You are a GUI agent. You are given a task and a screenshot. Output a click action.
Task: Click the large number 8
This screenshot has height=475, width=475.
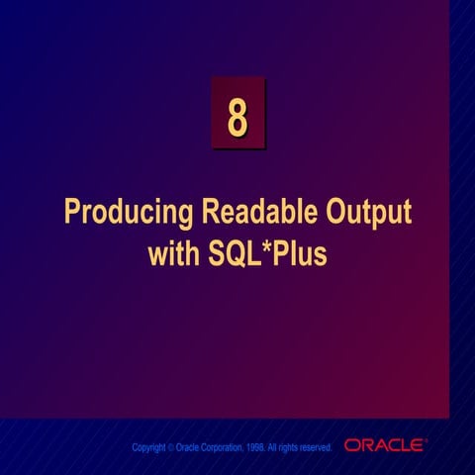[x=237, y=117]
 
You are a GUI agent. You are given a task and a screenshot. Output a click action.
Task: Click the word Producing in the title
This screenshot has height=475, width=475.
[x=128, y=214]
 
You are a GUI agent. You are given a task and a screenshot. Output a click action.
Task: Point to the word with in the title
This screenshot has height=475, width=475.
[x=175, y=254]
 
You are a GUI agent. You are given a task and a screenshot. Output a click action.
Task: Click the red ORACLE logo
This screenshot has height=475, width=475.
[x=386, y=446]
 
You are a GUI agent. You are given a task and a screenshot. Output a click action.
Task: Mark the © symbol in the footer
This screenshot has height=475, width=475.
[x=170, y=448]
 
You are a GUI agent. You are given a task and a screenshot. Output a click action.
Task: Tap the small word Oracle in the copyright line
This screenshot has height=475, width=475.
[x=187, y=448]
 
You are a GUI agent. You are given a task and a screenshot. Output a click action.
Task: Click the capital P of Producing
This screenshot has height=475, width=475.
[x=71, y=214]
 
